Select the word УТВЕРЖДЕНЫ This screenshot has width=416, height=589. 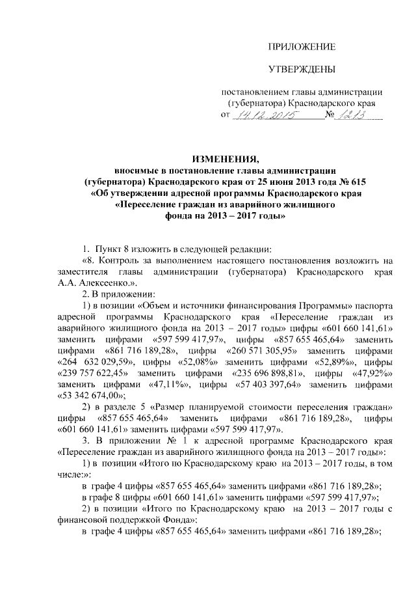click(302, 69)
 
